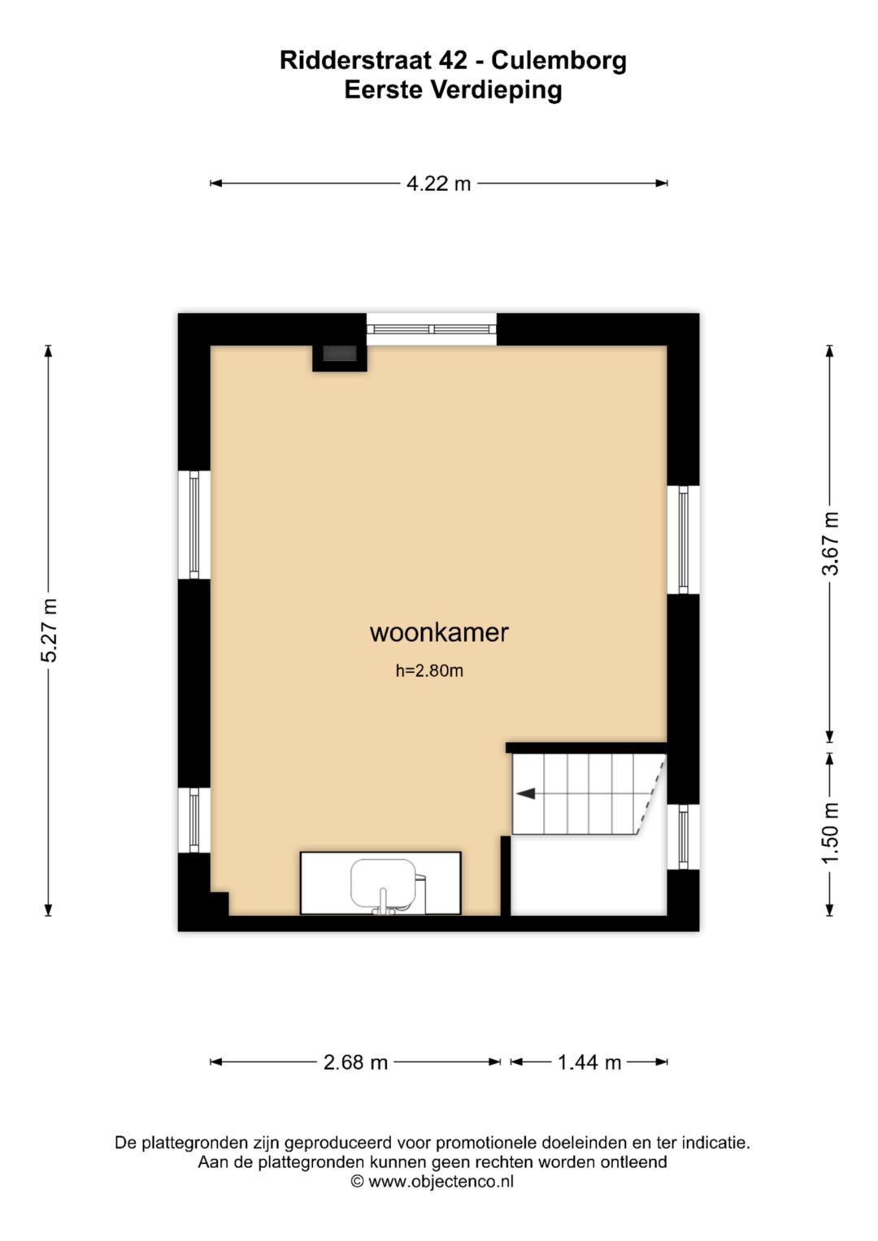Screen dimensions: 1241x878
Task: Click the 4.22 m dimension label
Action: [438, 184]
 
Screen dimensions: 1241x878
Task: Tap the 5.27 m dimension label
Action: [49, 631]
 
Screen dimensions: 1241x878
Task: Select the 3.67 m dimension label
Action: [830, 544]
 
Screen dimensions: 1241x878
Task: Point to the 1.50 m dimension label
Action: [830, 834]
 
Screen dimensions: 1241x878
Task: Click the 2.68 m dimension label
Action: [355, 1062]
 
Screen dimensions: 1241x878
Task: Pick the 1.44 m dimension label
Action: [589, 1062]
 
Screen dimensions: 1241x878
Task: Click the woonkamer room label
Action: [439, 632]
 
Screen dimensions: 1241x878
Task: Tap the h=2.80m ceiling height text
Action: [429, 670]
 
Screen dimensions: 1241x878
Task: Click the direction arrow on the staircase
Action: [526, 793]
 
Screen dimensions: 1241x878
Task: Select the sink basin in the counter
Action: [383, 881]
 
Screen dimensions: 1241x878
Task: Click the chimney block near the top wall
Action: [340, 354]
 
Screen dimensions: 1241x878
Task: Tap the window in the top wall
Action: [431, 329]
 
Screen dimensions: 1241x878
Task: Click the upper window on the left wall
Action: [194, 524]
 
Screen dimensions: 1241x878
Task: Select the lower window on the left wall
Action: [194, 820]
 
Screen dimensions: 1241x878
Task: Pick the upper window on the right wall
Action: [683, 540]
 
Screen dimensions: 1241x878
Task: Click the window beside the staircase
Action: [683, 836]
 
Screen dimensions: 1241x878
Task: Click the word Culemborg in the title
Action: [559, 60]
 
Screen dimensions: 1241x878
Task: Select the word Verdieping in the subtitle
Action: [496, 89]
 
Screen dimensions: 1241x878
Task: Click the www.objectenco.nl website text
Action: [441, 1182]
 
